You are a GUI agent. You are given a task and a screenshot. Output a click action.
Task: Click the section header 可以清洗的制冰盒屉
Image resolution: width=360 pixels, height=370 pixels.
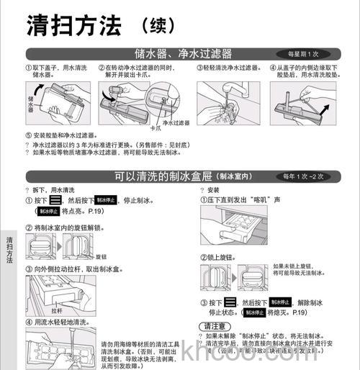(x=166, y=176)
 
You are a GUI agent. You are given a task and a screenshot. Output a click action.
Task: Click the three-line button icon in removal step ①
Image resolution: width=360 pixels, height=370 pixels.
(x=55, y=200)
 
